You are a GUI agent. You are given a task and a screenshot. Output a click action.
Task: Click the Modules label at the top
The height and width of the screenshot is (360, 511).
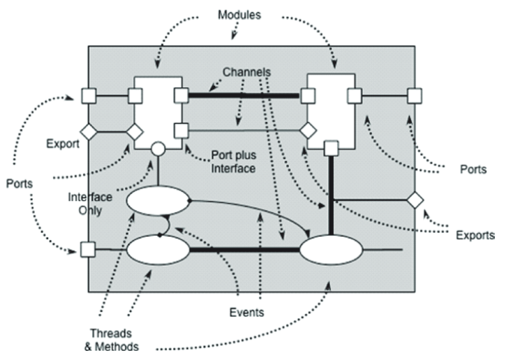pos(239,15)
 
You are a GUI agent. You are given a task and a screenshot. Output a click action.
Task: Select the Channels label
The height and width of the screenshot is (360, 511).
pos(246,72)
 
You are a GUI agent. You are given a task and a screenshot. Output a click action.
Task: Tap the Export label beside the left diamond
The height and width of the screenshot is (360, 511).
pos(63,144)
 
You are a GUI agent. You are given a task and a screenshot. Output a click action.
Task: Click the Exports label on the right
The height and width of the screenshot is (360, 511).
pos(475,235)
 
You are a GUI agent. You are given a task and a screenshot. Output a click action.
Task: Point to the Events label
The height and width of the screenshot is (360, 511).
pos(246,313)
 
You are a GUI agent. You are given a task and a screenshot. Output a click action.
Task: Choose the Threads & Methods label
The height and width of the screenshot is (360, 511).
pos(112,340)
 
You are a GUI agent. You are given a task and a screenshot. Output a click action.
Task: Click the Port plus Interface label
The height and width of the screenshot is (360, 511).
pos(233,162)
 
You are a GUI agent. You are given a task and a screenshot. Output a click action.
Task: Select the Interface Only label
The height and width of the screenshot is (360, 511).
pos(90,204)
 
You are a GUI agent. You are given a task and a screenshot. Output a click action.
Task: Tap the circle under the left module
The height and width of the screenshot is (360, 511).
pos(158,149)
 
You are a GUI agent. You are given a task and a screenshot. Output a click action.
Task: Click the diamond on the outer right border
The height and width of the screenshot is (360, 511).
pos(415,200)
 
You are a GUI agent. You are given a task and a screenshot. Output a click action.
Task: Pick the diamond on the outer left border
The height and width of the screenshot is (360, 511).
pos(89,132)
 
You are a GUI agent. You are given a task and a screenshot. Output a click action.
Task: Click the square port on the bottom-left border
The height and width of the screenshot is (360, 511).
pos(88,250)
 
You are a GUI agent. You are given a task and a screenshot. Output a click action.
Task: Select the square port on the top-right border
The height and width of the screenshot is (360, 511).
pos(415,96)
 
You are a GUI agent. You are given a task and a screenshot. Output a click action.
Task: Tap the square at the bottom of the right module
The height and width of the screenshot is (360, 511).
pos(331,149)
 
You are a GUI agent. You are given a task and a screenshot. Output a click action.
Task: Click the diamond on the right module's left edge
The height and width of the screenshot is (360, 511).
pos(308,131)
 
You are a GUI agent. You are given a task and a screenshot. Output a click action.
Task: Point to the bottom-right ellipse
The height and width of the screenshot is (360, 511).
pos(331,250)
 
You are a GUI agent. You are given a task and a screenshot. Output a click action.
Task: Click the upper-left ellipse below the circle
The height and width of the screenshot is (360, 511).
pos(158,201)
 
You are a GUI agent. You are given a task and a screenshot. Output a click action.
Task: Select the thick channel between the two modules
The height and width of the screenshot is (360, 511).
pos(244,96)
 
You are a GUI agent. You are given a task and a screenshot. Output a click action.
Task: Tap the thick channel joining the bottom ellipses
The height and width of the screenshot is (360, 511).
pos(244,250)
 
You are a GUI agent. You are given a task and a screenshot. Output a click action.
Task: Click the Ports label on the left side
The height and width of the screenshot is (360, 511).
pos(20,183)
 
